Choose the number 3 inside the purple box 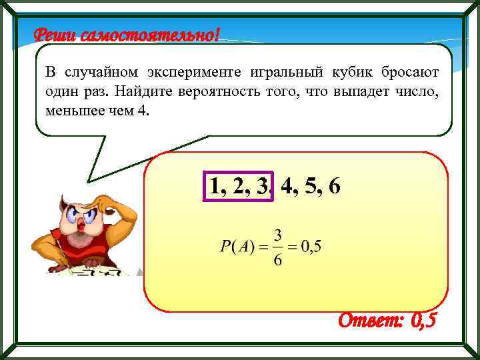click(x=261, y=186)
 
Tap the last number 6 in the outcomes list click(x=334, y=186)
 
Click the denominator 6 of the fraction click(x=278, y=259)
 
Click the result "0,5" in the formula click(x=311, y=247)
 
